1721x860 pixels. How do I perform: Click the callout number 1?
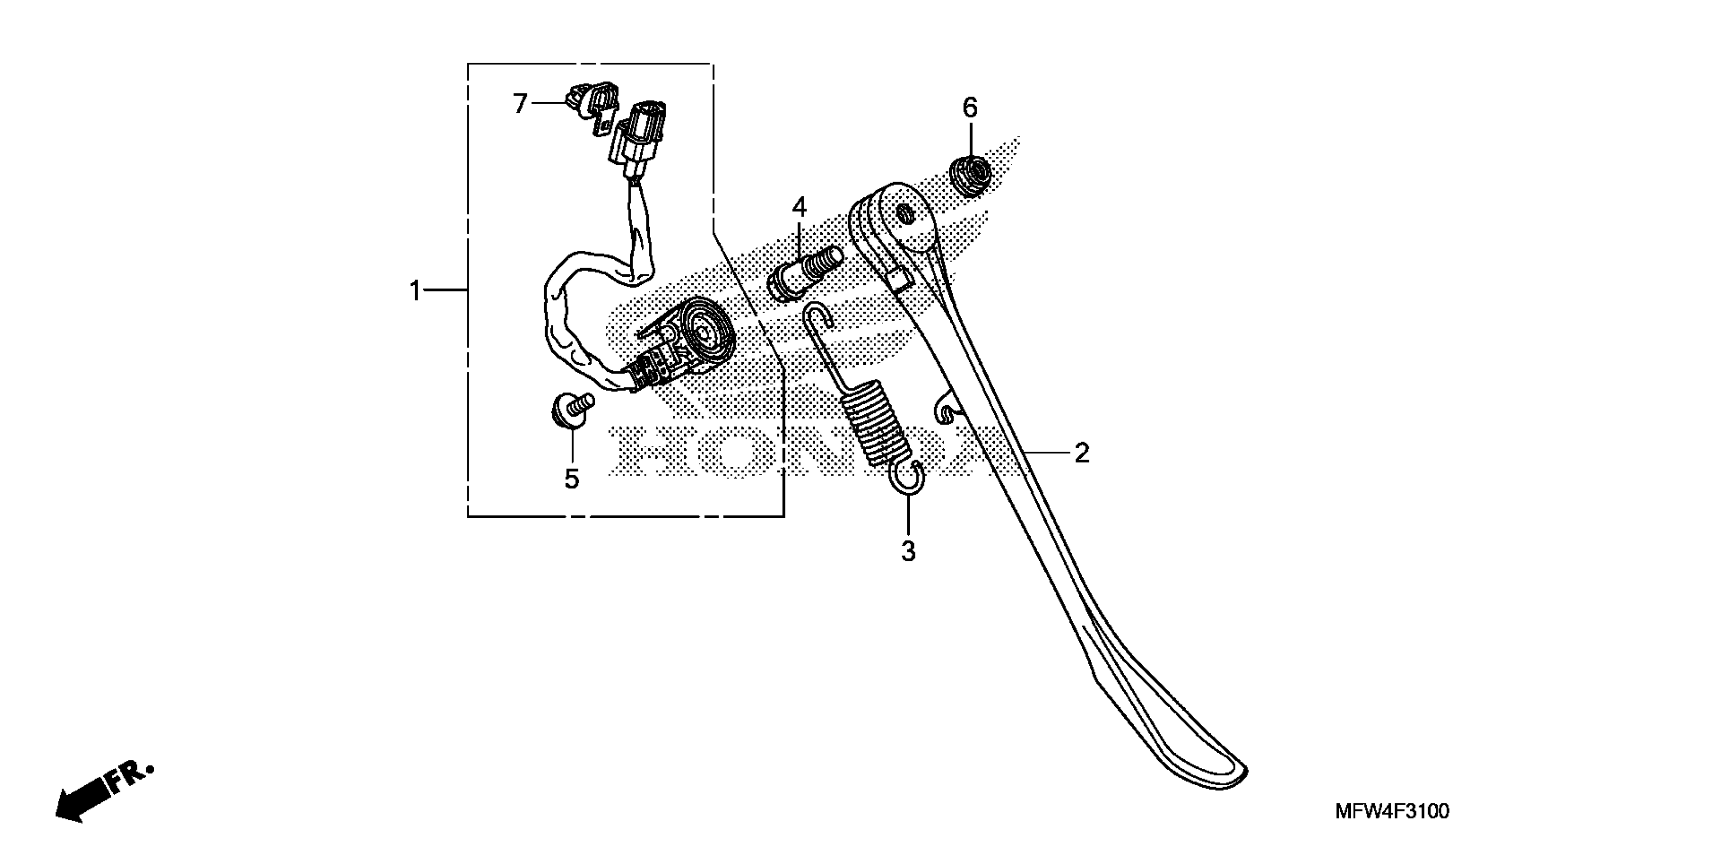coord(415,291)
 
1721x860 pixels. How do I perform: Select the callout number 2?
coord(1082,453)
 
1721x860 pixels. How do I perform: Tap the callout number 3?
coord(908,551)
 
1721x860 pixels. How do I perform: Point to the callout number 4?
coord(800,208)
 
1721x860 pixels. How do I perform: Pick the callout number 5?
coord(572,479)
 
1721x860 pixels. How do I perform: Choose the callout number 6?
coord(970,108)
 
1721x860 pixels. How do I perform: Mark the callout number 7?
coord(520,104)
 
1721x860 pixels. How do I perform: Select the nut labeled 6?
coord(970,175)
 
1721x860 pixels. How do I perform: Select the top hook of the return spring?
coord(818,314)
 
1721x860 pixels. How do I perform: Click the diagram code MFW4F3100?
coord(1392,811)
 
